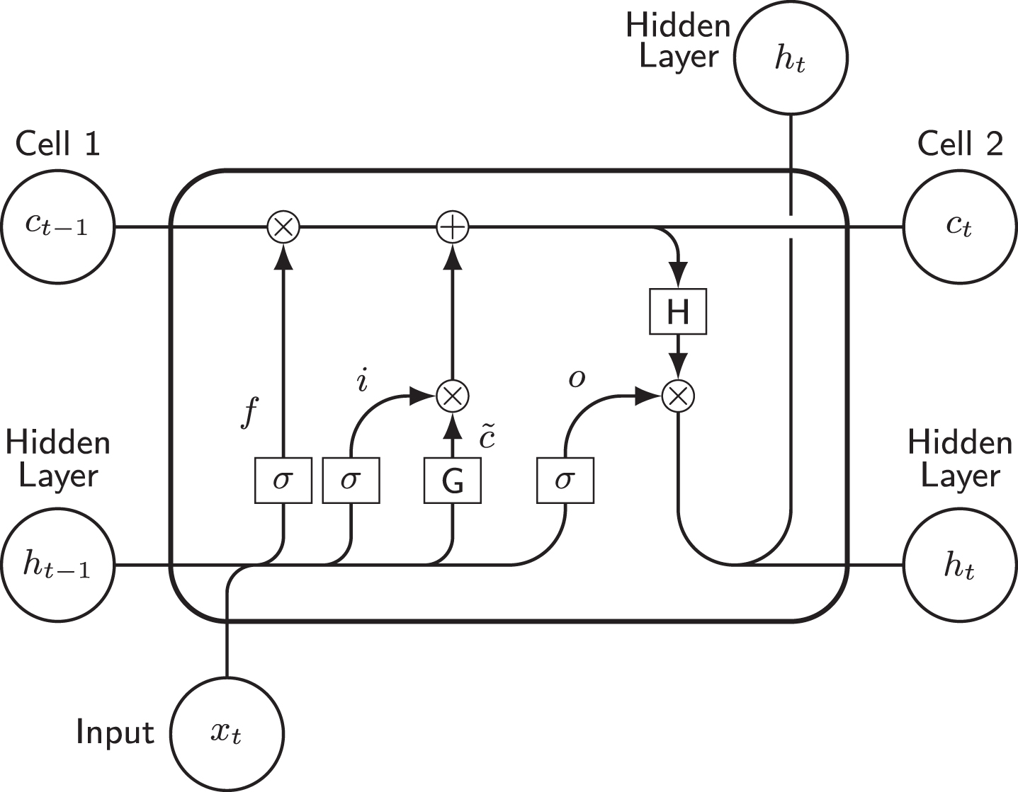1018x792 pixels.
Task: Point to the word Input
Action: click(x=115, y=732)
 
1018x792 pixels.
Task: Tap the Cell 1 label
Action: click(x=58, y=144)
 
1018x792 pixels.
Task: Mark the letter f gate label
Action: click(x=249, y=411)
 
